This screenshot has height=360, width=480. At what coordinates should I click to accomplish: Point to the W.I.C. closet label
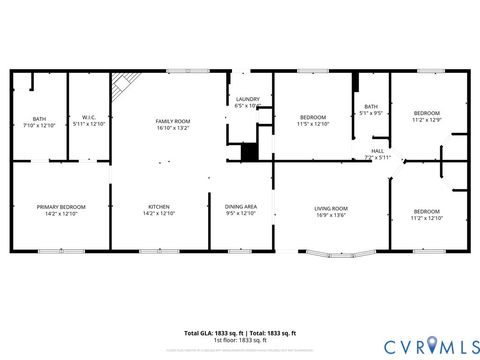(x=88, y=117)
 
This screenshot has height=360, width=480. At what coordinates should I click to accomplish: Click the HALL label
(x=377, y=151)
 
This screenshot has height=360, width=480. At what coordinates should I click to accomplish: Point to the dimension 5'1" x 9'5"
(x=371, y=113)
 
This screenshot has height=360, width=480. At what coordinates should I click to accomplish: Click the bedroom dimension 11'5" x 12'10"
(x=313, y=124)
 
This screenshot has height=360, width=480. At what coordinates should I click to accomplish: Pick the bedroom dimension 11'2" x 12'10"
(x=427, y=217)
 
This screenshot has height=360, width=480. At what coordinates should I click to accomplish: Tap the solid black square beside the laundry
(x=250, y=152)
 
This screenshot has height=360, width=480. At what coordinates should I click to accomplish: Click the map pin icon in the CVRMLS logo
(x=431, y=345)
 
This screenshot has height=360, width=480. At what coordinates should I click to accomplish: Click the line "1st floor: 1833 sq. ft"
(x=240, y=339)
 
